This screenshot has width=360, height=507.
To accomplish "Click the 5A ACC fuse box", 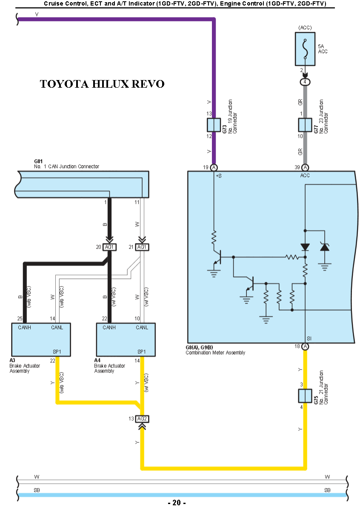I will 305,49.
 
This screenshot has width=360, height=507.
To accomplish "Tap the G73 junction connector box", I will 214,125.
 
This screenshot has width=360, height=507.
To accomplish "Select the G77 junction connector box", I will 305,125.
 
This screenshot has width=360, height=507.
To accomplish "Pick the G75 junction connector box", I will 305,396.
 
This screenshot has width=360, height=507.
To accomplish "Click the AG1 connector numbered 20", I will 110,247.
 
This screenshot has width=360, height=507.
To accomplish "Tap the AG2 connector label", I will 142,419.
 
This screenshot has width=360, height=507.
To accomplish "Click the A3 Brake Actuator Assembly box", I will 40,340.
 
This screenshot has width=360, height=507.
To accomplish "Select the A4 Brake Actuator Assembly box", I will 126,340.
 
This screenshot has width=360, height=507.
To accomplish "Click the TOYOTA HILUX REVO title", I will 102,84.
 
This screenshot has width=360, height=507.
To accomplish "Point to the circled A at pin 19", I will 214,167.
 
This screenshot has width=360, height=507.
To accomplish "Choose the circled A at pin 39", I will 305,167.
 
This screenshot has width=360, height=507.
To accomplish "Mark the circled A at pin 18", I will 305,347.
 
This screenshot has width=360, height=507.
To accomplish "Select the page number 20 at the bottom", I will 177,503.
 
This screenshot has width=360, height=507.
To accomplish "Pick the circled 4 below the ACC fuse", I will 305,82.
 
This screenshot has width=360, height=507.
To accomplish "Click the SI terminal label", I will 309,338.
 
